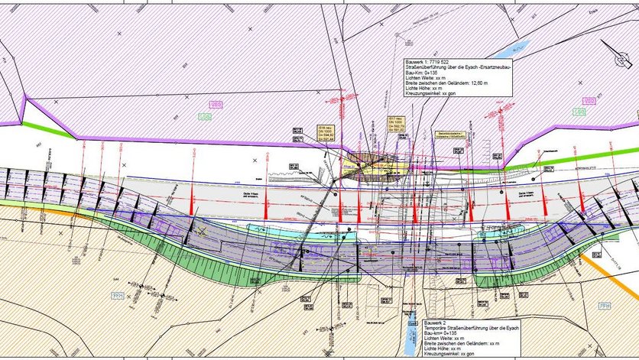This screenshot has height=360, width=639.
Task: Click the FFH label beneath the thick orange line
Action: [604, 306]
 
